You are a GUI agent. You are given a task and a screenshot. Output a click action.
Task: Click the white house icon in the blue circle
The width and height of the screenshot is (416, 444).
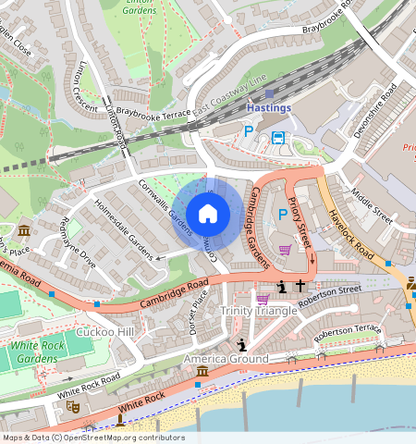[208, 214]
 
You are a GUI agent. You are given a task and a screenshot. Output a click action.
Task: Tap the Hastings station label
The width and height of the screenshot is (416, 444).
[269, 107]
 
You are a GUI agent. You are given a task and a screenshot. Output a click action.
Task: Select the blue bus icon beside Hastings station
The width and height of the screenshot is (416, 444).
[278, 138]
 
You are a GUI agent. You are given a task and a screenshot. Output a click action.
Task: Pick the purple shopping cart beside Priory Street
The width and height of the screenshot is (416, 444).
[286, 249]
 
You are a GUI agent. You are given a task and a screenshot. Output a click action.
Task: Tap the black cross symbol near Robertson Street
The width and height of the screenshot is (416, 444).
[300, 288]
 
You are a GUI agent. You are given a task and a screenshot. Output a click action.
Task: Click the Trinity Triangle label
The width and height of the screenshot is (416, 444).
[259, 311]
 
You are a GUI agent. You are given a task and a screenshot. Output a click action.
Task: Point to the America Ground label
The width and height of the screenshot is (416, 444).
[226, 358]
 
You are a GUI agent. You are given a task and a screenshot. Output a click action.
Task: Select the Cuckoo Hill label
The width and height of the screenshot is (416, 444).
[105, 331]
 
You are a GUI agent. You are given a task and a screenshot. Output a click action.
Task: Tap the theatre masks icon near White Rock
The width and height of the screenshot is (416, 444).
[73, 406]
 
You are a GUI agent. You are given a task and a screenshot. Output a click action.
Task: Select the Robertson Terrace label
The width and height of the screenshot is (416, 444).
[347, 332]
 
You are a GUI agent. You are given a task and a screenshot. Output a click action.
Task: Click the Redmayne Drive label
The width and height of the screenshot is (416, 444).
[77, 243]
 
